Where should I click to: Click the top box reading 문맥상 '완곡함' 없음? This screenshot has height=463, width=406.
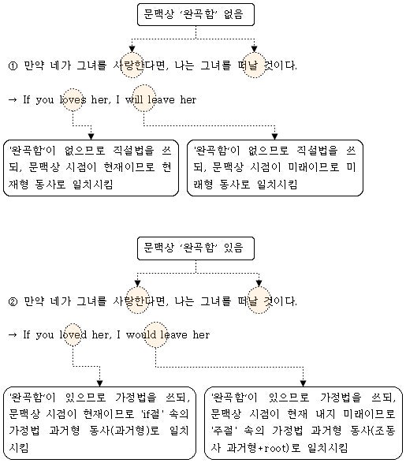tap(196, 14)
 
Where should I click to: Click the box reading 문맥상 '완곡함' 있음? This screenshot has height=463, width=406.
tap(196, 248)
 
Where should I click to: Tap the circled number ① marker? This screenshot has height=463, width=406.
tap(13, 65)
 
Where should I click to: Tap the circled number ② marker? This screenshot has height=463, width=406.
tap(13, 302)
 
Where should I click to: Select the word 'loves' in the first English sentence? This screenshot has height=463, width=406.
tap(73, 99)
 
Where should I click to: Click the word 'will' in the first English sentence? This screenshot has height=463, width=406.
tap(135, 99)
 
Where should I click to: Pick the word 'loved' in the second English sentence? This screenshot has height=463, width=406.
tap(73, 334)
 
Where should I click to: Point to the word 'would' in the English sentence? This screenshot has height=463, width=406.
tap(141, 334)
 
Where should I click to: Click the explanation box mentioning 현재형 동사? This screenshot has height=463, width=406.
tap(91, 168)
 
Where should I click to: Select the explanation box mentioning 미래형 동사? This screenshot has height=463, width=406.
tap(275, 168)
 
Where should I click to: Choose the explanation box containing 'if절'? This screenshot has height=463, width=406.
tap(100, 423)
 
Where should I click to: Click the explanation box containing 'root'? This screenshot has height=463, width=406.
tap(304, 423)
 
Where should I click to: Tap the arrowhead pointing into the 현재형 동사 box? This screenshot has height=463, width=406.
tap(91, 136)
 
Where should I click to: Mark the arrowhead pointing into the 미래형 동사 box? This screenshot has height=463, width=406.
tap(274, 136)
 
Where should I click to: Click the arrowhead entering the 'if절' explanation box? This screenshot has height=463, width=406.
tap(100, 383)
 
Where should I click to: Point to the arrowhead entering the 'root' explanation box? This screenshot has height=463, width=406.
tap(303, 383)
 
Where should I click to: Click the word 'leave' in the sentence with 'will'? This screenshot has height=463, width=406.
tap(161, 99)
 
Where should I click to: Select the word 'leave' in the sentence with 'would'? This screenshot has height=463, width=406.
tap(173, 334)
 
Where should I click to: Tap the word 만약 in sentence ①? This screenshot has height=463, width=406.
tap(34, 65)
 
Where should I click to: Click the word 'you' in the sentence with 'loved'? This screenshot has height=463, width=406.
tap(45, 335)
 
